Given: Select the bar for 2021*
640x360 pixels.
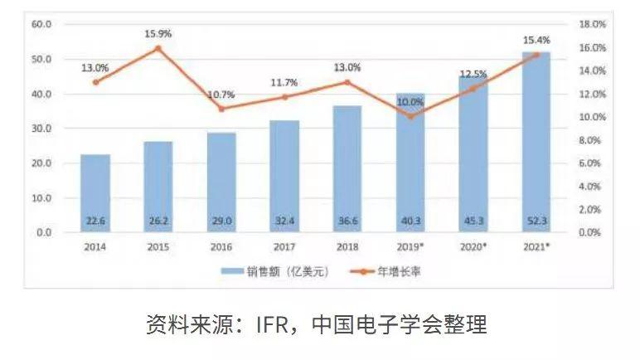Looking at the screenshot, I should pyautogui.click(x=536, y=141).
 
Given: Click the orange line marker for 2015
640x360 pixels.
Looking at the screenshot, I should pyautogui.click(x=158, y=48).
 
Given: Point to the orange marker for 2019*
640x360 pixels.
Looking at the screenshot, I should pyautogui.click(x=410, y=116).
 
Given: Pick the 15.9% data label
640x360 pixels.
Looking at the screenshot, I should pyautogui.click(x=158, y=33).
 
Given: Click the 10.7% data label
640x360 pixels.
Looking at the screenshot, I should pyautogui.click(x=221, y=95).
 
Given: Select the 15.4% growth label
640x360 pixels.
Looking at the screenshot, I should pyautogui.click(x=536, y=39).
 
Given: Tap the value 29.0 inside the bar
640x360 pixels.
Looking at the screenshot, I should pyautogui.click(x=221, y=221).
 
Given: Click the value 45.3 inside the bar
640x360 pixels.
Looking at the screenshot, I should pyautogui.click(x=473, y=221).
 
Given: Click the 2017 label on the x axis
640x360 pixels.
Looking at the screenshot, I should pyautogui.click(x=284, y=247).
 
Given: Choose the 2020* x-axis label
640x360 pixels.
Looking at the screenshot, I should pyautogui.click(x=473, y=247).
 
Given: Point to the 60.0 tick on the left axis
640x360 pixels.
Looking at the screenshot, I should pyautogui.click(x=41, y=25).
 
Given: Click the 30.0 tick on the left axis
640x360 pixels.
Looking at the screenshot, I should pyautogui.click(x=41, y=129).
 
